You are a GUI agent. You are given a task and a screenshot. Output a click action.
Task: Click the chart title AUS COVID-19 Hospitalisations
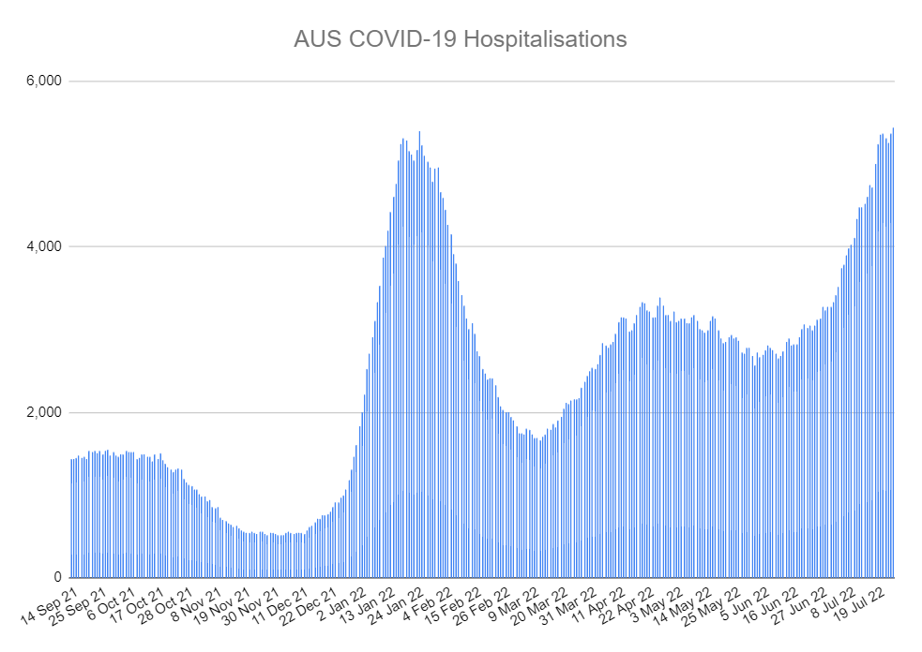460,39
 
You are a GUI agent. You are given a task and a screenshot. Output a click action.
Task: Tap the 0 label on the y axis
57,578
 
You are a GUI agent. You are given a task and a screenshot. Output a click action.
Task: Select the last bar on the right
893,356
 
